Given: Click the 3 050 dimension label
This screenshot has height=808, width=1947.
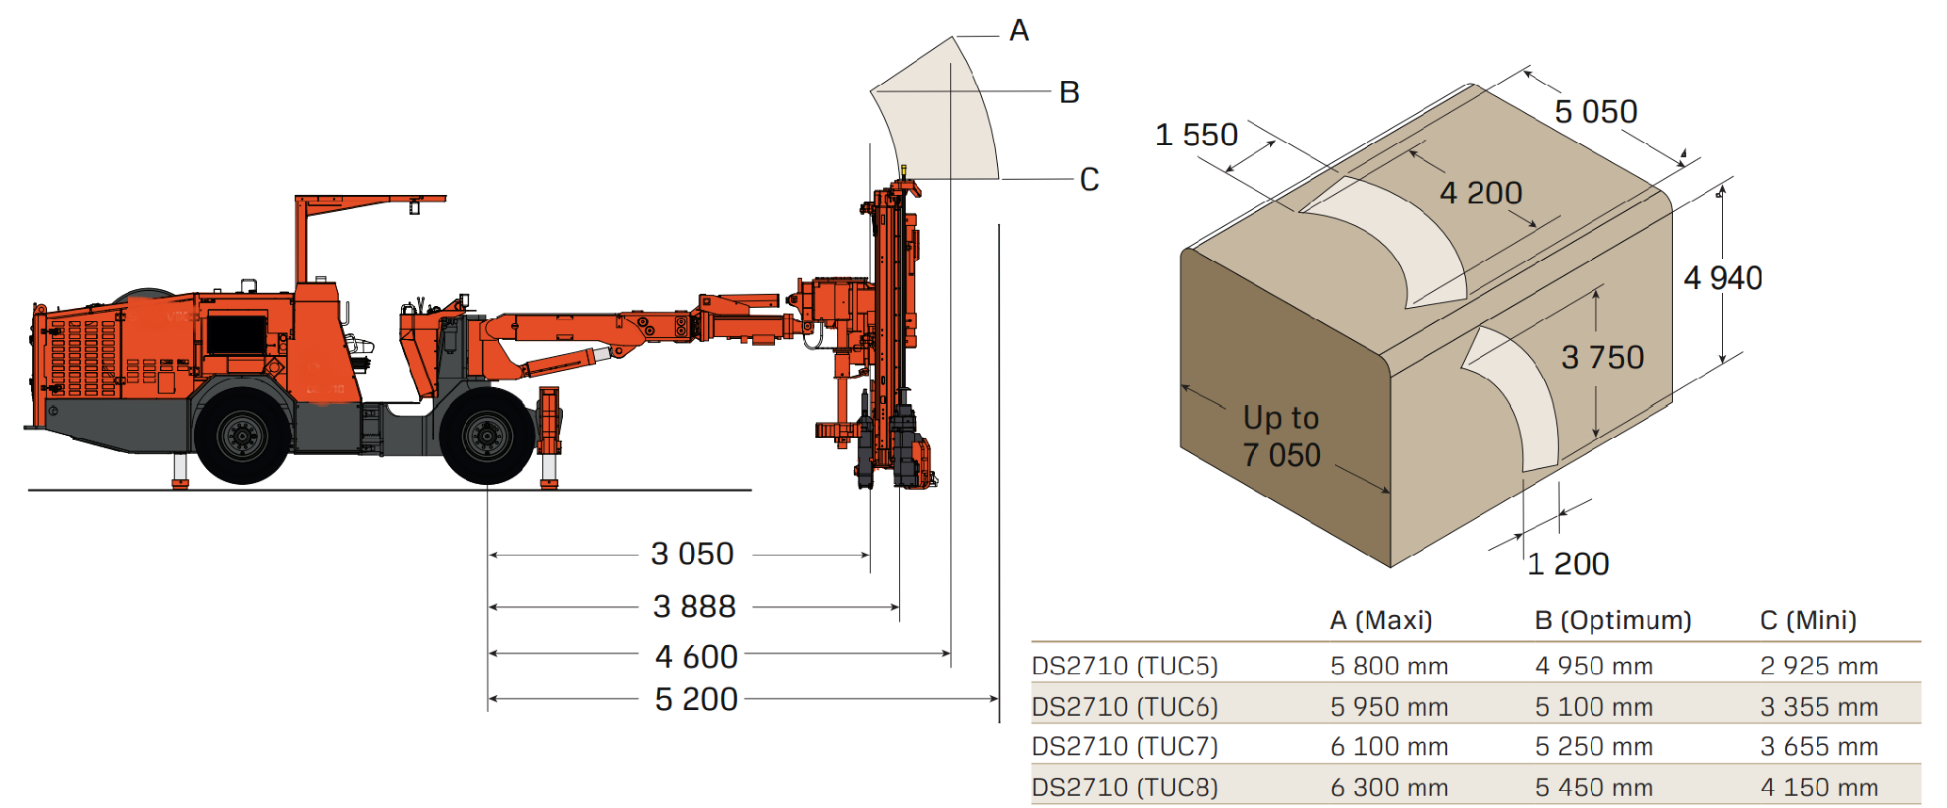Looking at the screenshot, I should [692, 554].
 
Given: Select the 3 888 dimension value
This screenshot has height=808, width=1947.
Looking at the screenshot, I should [694, 606].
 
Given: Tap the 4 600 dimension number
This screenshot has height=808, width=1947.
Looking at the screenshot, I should [696, 656].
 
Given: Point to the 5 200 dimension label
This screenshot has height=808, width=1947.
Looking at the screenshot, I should [696, 700].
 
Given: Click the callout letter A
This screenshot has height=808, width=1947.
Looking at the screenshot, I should [1019, 31].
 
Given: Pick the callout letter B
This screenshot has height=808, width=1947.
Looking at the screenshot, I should [1069, 92].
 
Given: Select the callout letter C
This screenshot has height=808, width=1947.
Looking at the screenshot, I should [1089, 180].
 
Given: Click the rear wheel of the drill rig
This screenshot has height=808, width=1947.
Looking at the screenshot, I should [242, 436].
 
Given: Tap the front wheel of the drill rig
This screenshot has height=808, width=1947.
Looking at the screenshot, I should [487, 436].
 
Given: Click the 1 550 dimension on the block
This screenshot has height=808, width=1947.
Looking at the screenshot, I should [1196, 135].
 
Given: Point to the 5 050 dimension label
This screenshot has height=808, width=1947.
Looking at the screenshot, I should [1596, 112].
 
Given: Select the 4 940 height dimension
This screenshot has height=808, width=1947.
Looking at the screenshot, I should [1722, 279].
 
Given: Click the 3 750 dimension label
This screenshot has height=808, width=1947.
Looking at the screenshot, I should [1601, 358].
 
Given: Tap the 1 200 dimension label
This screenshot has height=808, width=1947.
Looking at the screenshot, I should [1568, 564].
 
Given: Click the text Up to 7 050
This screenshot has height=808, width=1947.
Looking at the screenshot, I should [1281, 437].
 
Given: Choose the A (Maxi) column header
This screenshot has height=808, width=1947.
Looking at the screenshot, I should [1380, 621].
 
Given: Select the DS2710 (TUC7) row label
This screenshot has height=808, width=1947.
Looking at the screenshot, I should [1124, 747].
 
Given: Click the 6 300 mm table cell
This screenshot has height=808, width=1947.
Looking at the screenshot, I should [1389, 787].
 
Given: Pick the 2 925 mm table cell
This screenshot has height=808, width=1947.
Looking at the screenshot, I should [1818, 667].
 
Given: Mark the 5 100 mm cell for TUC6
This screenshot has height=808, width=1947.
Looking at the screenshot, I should [1593, 707].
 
